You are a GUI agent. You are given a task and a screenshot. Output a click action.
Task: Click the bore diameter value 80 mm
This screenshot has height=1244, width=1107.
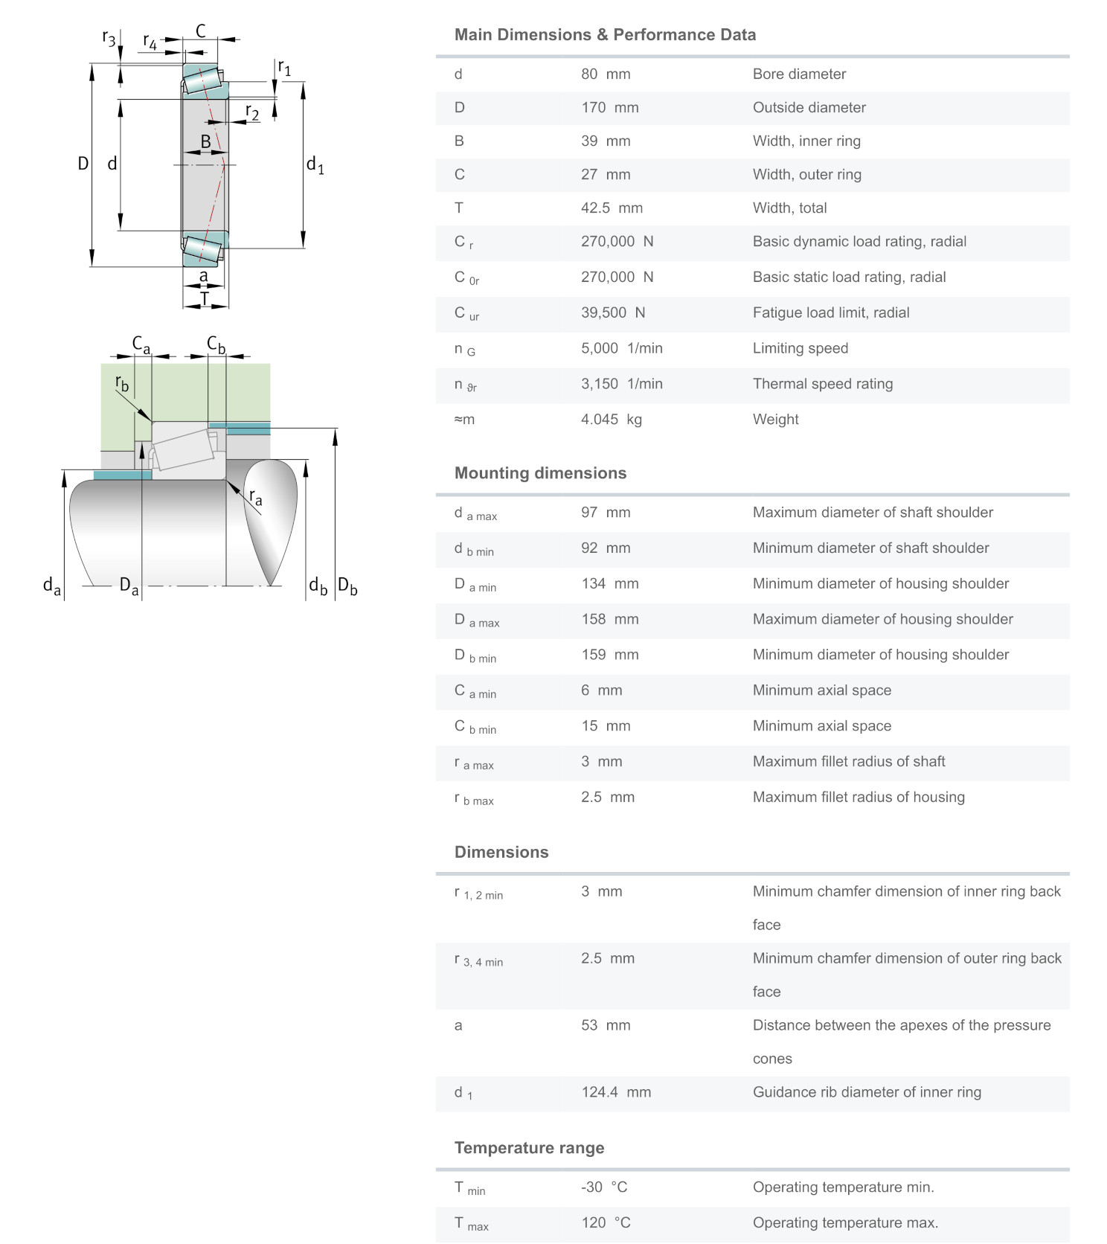(x=605, y=74)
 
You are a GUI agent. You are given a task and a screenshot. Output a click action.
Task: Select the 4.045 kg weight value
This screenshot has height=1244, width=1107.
(x=611, y=420)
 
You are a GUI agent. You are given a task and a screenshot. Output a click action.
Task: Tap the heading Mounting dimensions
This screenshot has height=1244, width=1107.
(x=540, y=473)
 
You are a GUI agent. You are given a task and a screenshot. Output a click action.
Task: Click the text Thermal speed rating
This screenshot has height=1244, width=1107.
(x=822, y=384)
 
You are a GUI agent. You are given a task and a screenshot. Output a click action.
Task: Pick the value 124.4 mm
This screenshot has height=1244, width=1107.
(x=615, y=1092)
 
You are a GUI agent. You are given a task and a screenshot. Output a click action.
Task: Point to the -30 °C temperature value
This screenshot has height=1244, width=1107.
(x=605, y=1187)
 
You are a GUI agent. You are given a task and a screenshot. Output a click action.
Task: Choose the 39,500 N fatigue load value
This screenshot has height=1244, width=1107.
(x=612, y=313)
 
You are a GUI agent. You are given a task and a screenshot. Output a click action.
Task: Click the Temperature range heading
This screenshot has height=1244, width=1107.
(x=529, y=1148)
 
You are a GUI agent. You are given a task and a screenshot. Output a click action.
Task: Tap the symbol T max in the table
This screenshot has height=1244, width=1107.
(x=471, y=1224)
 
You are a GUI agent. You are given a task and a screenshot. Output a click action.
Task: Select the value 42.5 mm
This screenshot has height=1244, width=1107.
(x=611, y=208)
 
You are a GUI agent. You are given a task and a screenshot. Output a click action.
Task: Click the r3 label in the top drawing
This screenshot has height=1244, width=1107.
(x=109, y=38)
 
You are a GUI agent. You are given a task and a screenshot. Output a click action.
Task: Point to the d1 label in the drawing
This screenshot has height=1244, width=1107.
(x=315, y=164)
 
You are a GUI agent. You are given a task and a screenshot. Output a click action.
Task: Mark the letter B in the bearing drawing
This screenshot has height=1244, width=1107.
(x=205, y=141)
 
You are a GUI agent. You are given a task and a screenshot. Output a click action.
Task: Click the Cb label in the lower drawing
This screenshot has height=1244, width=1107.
(x=216, y=344)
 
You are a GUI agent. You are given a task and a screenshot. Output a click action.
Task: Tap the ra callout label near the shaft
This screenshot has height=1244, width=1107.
(x=255, y=497)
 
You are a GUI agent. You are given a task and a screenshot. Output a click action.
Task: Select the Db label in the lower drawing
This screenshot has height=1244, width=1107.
(x=347, y=586)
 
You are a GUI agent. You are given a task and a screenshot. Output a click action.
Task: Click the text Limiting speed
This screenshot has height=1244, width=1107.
(x=800, y=348)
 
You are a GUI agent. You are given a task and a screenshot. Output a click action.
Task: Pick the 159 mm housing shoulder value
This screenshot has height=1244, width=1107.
(x=609, y=655)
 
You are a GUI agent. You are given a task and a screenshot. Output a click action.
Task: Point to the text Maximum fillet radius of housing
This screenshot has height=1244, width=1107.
(x=858, y=798)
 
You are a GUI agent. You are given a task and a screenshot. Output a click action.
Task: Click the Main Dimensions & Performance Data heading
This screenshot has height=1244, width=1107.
(x=605, y=35)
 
